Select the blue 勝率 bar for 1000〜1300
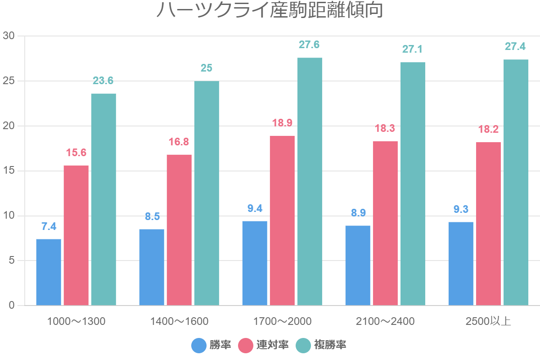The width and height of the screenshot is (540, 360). tap(49, 272)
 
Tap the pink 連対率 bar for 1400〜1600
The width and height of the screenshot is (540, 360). tap(179, 230)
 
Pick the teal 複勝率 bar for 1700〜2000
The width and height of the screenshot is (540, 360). tap(310, 182)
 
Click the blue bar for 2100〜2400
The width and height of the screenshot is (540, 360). tap(358, 265)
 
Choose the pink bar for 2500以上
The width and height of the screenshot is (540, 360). tap(488, 224)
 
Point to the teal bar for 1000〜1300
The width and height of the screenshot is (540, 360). tap(103, 199)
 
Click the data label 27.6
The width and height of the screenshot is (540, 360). tap(309, 45)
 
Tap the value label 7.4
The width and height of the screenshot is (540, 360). tap(49, 226)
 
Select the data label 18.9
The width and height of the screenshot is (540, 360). tap(282, 123)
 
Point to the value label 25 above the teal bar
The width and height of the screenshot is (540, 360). tap(207, 68)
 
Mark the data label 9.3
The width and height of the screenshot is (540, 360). tap(461, 209)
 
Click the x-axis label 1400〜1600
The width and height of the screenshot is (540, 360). tap(179, 321)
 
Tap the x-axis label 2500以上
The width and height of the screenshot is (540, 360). tap(488, 321)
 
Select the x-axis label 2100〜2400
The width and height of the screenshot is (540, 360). tap(385, 321)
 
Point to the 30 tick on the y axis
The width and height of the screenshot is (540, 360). tap(9, 36)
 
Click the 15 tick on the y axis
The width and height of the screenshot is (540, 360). tap(9, 171)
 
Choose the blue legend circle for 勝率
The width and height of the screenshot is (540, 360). tap(199, 345)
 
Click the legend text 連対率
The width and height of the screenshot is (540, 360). tap(272, 345)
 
